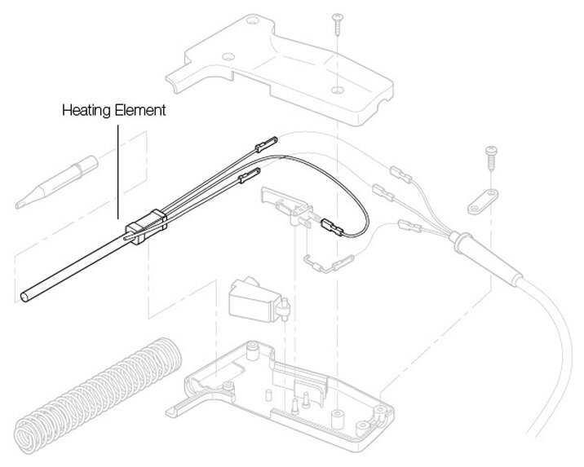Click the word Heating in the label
pyautogui.click(x=86, y=110)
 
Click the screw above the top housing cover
pyautogui.click(x=336, y=24)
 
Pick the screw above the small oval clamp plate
pyautogui.click(x=490, y=156)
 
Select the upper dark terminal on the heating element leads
pyautogui.click(x=267, y=145)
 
